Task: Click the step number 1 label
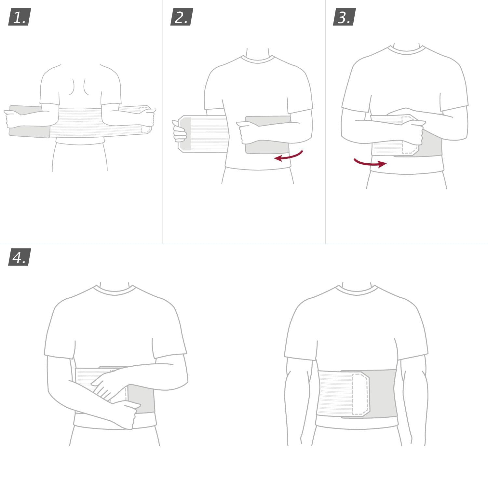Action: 19,17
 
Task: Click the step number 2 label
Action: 182,17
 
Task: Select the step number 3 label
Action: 344,17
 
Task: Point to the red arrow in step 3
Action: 370,162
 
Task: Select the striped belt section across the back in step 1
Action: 81,122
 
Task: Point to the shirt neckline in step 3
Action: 406,50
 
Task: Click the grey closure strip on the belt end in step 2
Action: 185,134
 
